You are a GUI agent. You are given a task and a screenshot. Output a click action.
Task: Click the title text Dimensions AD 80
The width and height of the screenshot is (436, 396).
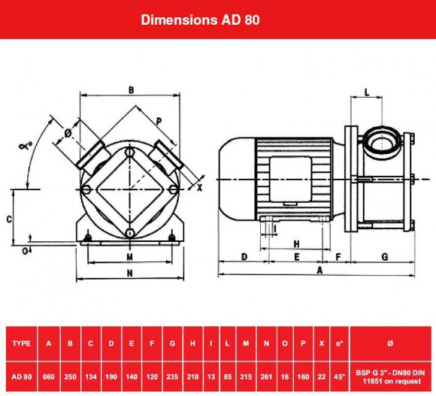(201, 20)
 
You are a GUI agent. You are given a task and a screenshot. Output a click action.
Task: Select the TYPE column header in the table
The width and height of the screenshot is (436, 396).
(22, 343)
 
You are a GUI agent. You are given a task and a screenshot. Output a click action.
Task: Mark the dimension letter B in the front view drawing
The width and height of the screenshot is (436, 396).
(131, 90)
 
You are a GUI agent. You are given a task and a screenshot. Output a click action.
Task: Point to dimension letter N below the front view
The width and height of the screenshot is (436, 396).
(129, 274)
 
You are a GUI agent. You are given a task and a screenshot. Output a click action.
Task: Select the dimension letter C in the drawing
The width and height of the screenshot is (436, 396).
(8, 219)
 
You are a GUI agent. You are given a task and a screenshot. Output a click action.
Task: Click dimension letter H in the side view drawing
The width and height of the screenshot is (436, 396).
(296, 244)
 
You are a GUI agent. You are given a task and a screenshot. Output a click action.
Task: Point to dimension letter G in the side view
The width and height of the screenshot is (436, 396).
(384, 257)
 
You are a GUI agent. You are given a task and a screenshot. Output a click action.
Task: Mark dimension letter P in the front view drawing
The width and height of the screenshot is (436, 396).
(159, 121)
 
